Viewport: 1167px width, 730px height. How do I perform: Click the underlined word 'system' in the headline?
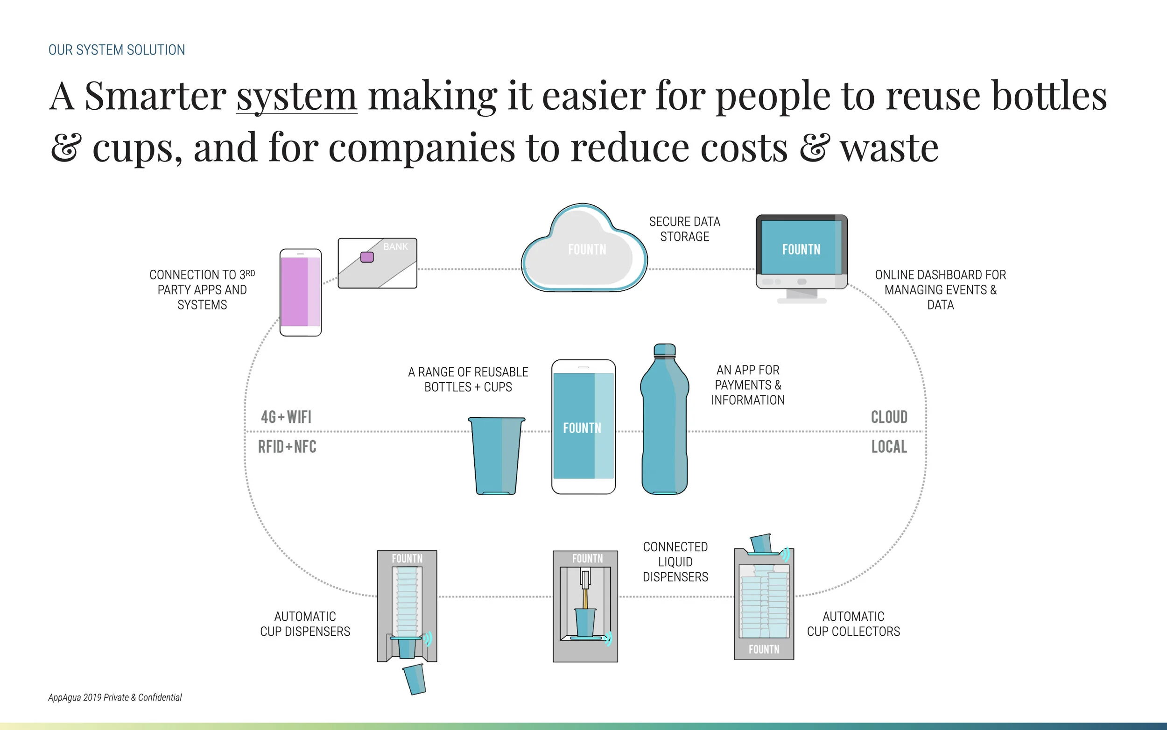point(296,97)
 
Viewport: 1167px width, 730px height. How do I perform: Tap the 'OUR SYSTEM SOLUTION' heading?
point(116,50)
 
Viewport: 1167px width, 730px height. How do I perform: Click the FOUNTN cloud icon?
point(585,249)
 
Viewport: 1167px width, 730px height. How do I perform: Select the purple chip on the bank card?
point(367,257)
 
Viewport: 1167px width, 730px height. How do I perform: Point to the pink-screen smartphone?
point(300,292)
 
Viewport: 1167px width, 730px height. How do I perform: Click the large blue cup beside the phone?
point(496,455)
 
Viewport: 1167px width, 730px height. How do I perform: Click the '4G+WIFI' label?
point(286,417)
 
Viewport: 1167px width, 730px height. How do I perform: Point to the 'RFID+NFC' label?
point(287,447)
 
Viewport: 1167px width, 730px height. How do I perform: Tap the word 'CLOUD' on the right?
point(889,417)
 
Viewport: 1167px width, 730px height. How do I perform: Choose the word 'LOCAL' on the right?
point(889,447)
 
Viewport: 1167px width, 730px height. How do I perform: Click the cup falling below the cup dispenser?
point(414,679)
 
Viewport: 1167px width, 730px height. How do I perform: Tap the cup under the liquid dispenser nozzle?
point(585,622)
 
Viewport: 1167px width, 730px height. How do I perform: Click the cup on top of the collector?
point(761,543)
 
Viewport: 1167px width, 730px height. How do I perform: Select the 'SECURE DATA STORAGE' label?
point(684,229)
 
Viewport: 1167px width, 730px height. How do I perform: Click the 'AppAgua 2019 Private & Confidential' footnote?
point(115,697)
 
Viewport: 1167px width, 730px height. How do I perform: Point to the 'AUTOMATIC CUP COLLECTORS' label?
point(853,624)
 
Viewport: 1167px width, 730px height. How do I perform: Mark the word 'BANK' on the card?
point(395,247)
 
